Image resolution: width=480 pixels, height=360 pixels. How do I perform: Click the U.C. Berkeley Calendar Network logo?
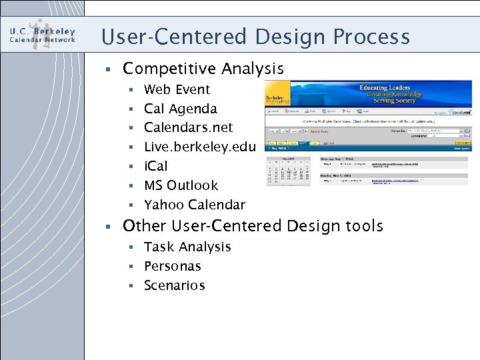pyautogui.click(x=43, y=35)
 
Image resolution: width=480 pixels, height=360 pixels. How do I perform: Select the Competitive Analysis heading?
pyautogui.click(x=203, y=69)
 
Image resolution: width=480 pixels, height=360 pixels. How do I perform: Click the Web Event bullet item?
pyautogui.click(x=177, y=89)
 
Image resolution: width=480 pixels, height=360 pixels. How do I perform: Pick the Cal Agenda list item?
pyautogui.click(x=180, y=109)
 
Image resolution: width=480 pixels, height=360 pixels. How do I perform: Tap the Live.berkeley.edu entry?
pyautogui.click(x=199, y=147)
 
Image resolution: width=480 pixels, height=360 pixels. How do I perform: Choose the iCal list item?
pyautogui.click(x=156, y=166)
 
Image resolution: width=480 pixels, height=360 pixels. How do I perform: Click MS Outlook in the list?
pyautogui.click(x=181, y=185)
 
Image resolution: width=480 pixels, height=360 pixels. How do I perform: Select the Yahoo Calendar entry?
pyautogui.click(x=195, y=205)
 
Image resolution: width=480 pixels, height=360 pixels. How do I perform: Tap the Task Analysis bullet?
pyautogui.click(x=187, y=247)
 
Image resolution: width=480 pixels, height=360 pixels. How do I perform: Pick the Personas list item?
pyautogui.click(x=172, y=266)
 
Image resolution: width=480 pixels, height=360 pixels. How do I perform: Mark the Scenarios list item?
pyautogui.click(x=174, y=285)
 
